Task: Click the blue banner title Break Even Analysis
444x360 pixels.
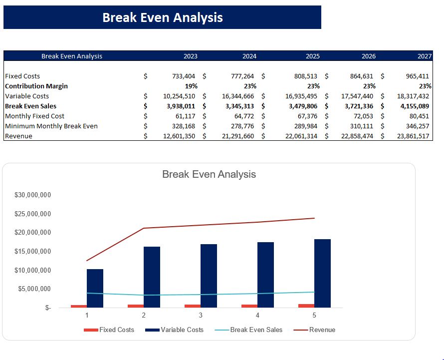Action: [x=163, y=17]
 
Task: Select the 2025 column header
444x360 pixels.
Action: [x=313, y=56]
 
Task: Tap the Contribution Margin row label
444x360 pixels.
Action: [x=36, y=86]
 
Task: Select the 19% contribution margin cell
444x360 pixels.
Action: [x=191, y=86]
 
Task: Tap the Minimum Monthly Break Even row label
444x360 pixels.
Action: [x=51, y=126]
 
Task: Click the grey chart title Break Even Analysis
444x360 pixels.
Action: [x=209, y=174]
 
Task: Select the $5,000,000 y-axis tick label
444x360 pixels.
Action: [x=34, y=289]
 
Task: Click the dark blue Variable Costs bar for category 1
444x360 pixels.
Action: [x=95, y=288]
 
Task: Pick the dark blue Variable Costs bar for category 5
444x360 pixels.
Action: [x=322, y=273]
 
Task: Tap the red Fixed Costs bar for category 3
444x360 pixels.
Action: [x=193, y=306]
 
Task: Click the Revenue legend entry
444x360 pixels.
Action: [x=322, y=330]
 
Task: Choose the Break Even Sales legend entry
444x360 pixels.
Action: [x=256, y=330]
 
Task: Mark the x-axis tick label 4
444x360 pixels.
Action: [x=257, y=315]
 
